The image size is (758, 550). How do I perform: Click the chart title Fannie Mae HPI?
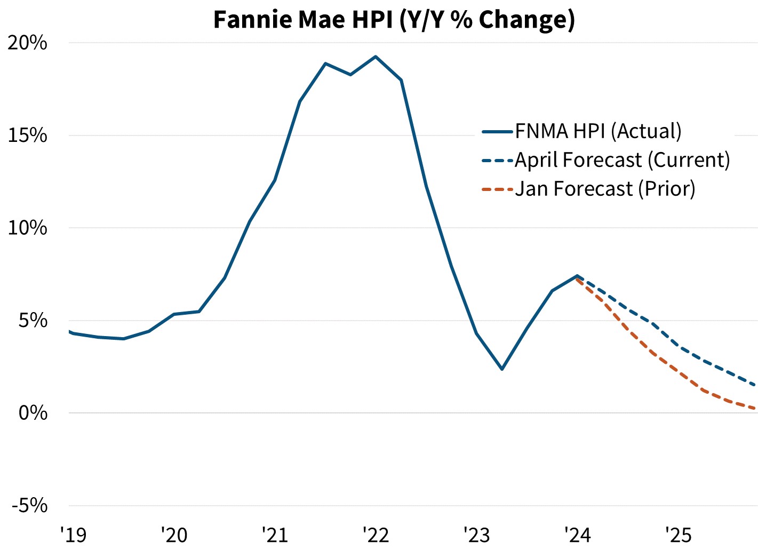(x=394, y=19)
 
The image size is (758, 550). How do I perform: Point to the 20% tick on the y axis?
(x=28, y=43)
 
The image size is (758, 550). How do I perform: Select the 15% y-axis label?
(x=28, y=135)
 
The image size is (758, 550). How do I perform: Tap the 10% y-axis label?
(x=28, y=228)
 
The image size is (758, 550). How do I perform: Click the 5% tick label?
(x=33, y=321)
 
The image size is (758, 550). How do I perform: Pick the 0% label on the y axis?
(x=33, y=413)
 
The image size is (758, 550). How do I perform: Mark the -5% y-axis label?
(x=30, y=505)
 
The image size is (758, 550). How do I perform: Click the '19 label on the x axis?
(x=73, y=535)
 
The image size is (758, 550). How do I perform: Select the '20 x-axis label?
(x=174, y=535)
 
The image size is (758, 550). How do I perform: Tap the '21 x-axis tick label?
(x=275, y=535)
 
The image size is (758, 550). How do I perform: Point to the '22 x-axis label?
(x=376, y=535)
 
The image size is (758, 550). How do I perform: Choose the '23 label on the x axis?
(x=476, y=535)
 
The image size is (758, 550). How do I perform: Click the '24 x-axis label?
(x=577, y=535)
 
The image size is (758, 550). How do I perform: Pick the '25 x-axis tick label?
(x=678, y=535)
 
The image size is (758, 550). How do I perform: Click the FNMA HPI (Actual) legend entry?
(x=598, y=131)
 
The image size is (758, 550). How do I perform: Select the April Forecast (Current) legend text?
(x=622, y=160)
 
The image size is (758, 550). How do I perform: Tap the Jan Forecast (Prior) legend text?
(x=605, y=189)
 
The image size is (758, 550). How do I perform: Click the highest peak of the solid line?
(x=376, y=57)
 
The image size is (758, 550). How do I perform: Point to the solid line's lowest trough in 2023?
(x=502, y=369)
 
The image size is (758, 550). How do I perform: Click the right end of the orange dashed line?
(x=755, y=409)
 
